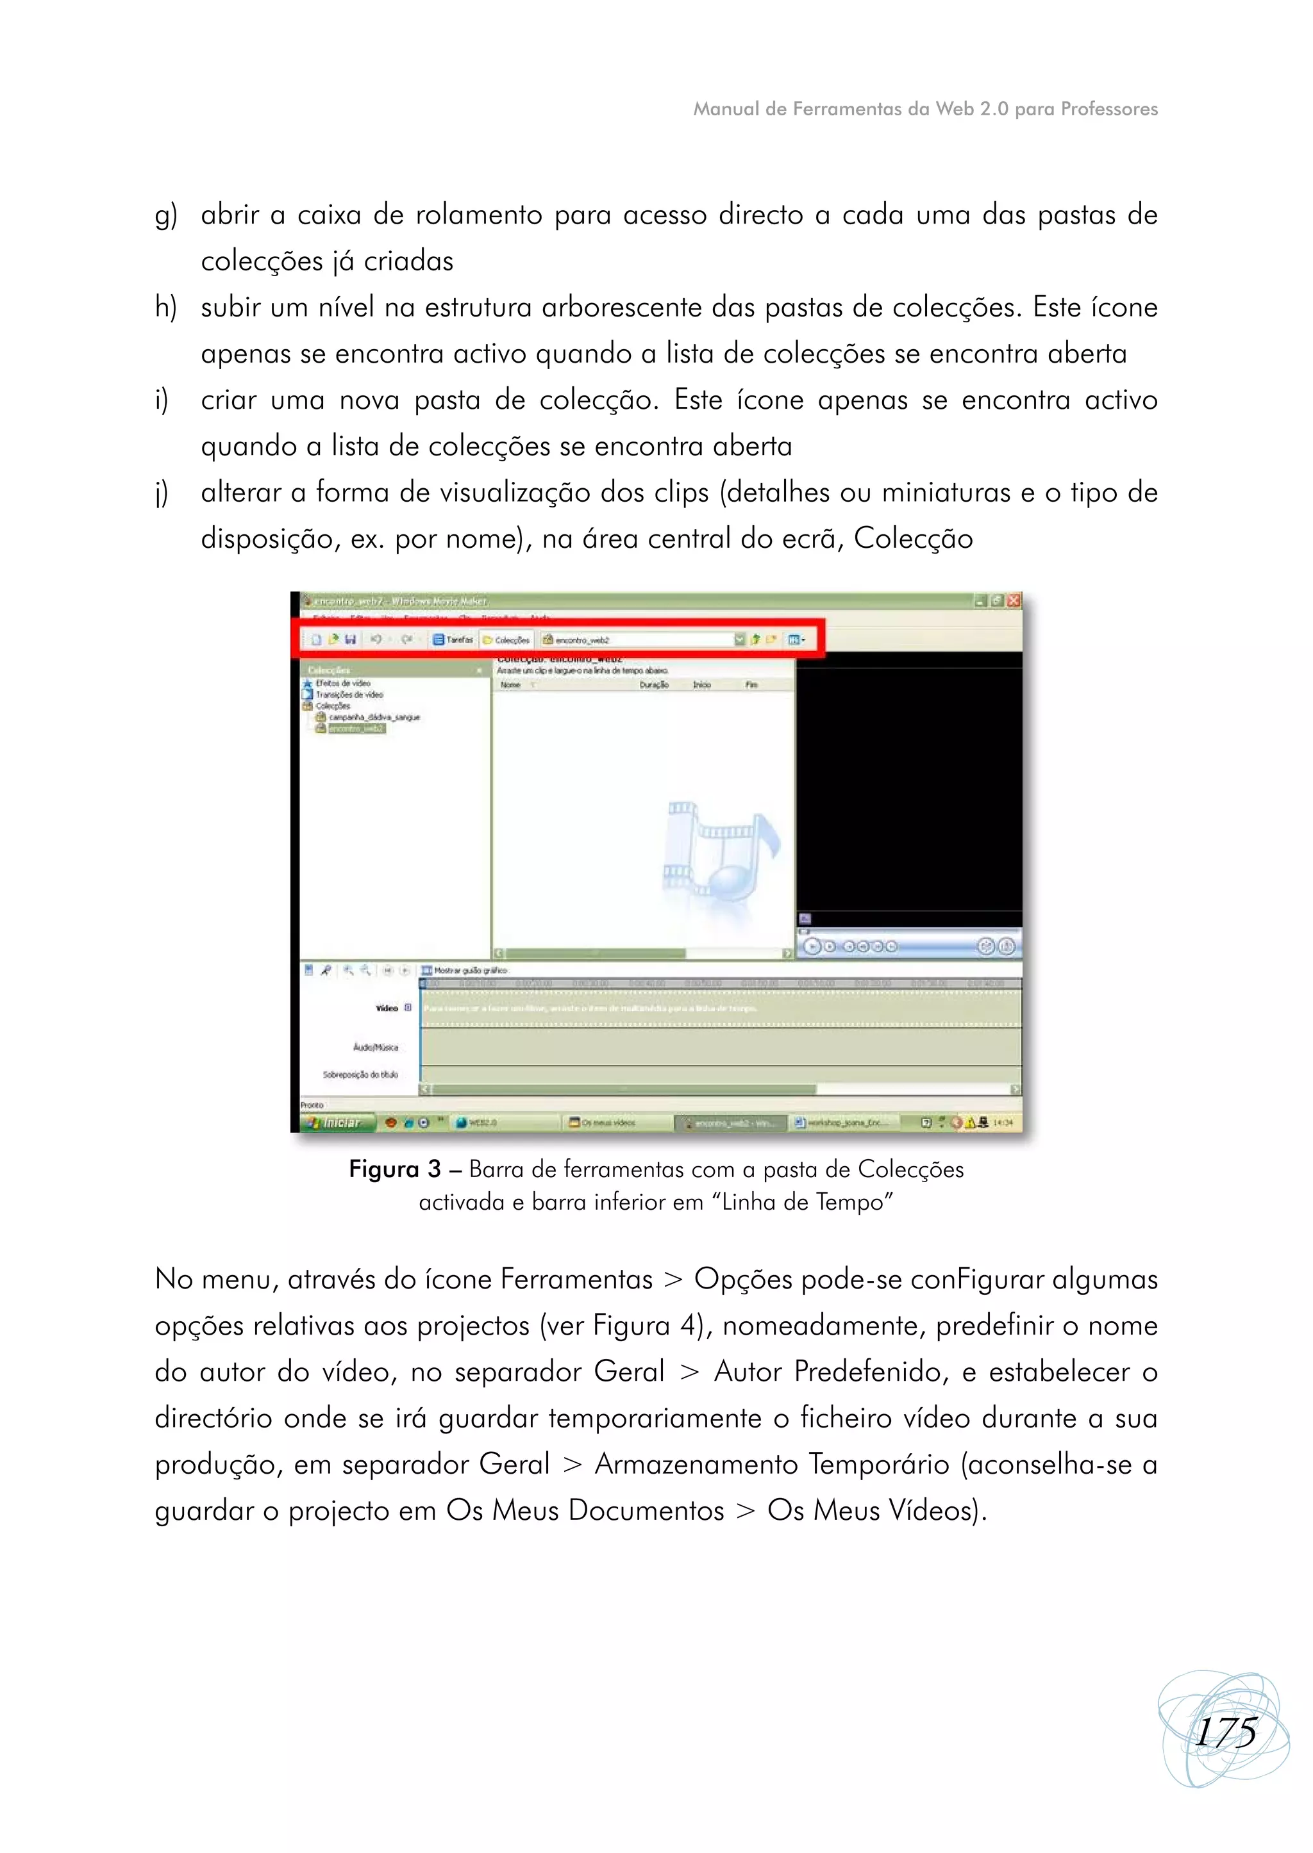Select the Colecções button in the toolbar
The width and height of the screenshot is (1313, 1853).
click(507, 640)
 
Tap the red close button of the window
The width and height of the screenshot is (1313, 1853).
click(1014, 600)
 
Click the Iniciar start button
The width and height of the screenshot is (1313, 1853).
click(337, 1123)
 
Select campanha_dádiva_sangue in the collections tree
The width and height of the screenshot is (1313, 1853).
click(374, 717)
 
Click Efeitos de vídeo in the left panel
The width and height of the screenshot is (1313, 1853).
click(343, 683)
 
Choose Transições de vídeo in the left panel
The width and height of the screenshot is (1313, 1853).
click(349, 694)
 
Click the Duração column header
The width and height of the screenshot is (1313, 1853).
click(653, 684)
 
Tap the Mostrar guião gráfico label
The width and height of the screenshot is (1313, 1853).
click(470, 969)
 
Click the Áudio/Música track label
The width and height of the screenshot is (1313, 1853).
click(375, 1048)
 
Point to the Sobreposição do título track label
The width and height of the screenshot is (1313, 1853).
click(360, 1075)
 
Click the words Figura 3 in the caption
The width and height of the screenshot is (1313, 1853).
click(394, 1169)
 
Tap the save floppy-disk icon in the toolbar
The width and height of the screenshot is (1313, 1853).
click(350, 639)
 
